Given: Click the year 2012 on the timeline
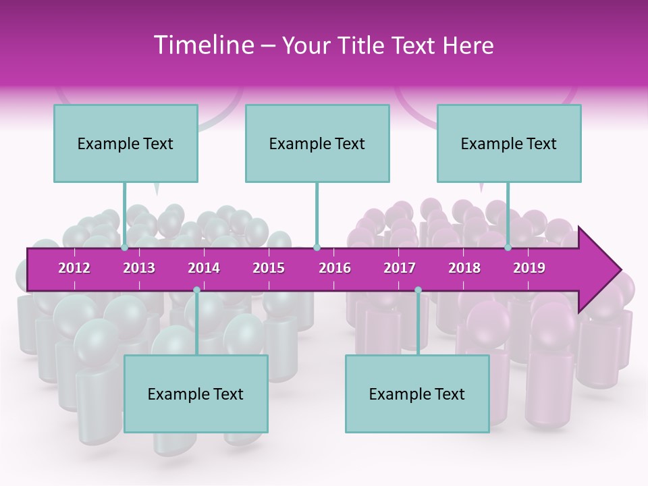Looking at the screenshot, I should pos(74,268).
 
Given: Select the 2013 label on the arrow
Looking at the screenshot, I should pos(139,268).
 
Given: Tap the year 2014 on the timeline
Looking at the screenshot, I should pos(204,268).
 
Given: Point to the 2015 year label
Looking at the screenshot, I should pos(269,268).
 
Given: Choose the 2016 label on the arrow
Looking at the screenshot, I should pos(335,268).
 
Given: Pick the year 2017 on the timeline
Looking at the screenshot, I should pos(400,268).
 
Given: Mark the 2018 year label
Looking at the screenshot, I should pos(464,268).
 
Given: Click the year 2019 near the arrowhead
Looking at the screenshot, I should pos(529,268).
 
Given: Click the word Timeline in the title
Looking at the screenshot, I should pos(202,45).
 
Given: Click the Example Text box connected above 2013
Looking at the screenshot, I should pos(126,144).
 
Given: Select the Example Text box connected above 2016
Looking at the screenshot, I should pos(317,144).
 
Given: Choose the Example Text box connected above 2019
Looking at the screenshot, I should pos(509,144).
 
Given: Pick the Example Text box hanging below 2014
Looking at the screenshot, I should pos(196,394).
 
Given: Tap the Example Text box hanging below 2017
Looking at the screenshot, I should pos(417,394).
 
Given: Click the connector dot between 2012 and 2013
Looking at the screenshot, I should pos(125,248).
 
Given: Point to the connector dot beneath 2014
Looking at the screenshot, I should pos(196,290).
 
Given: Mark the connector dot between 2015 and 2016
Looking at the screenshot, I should pos(317,248).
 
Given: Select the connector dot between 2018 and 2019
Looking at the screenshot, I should pos(508,248).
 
